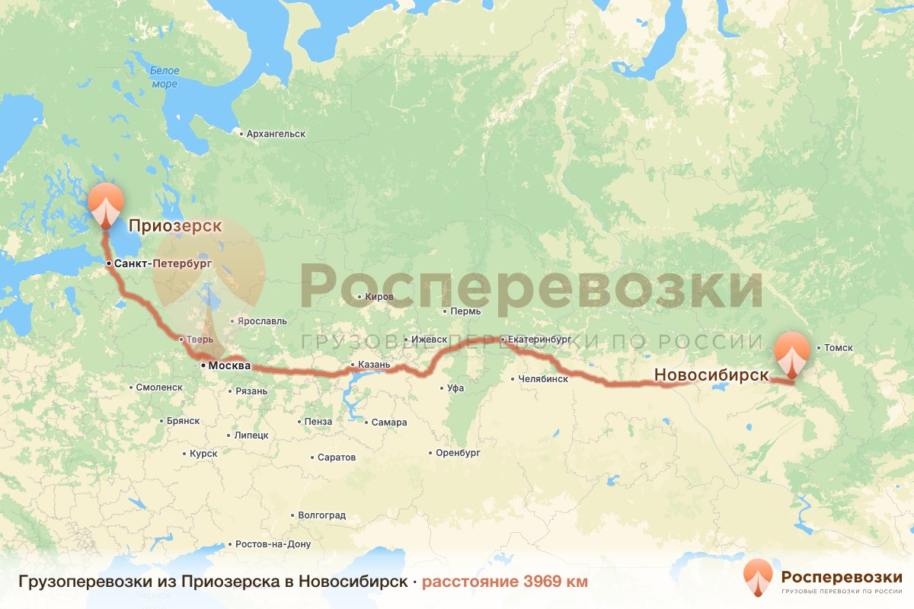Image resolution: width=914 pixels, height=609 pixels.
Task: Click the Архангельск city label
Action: click(276, 134)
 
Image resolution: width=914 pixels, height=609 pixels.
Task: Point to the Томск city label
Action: click(839, 349)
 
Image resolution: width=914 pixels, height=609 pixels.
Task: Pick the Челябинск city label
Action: click(543, 378)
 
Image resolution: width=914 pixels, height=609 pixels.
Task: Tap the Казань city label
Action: click(374, 365)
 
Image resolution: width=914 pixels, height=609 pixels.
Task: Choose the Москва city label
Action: click(229, 366)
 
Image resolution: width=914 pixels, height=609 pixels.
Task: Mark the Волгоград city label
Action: click(321, 515)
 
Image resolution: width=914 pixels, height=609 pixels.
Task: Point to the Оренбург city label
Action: click(459, 452)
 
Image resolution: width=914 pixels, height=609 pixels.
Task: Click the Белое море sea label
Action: click(165, 77)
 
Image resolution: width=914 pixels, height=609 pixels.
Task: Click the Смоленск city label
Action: click(159, 387)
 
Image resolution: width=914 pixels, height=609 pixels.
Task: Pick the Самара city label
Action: click(389, 422)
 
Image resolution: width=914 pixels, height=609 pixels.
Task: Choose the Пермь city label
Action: click(465, 311)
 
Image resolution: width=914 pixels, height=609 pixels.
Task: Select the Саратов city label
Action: click(336, 458)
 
